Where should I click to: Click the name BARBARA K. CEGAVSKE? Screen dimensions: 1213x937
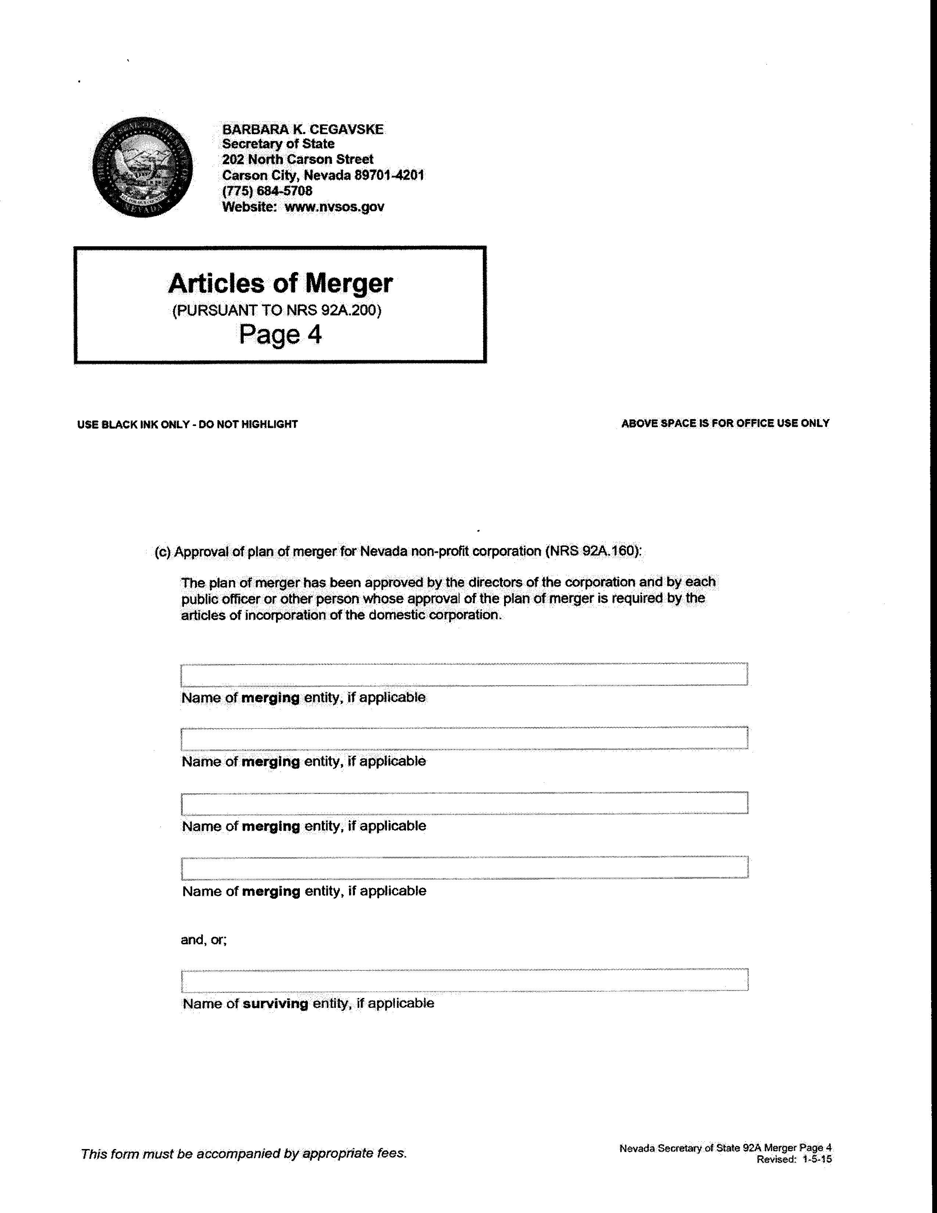coord(302,129)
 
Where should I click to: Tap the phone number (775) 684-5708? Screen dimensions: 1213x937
coord(267,191)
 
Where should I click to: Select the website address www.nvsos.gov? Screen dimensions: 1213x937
coord(334,207)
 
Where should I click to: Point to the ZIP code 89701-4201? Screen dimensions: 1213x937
coord(389,175)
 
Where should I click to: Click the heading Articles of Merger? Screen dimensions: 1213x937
coord(280,283)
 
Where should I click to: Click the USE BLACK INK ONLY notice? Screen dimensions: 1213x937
coord(187,424)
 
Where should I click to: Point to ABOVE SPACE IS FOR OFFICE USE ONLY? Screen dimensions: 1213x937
coord(725,423)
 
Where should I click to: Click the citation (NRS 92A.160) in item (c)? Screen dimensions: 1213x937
coord(593,551)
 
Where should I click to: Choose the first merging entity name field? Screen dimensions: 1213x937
coord(464,674)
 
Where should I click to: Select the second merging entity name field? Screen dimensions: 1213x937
coord(464,738)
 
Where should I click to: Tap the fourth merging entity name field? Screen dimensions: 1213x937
coord(464,867)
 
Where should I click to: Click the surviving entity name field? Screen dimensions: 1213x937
coord(464,980)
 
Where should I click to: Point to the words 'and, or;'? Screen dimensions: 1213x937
coord(204,940)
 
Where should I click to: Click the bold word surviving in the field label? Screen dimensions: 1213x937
coord(275,1003)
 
